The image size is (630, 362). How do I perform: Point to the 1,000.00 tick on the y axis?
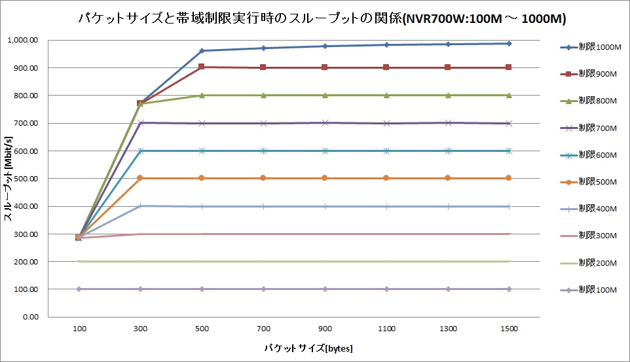(23, 41)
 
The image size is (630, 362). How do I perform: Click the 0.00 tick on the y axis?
(31, 317)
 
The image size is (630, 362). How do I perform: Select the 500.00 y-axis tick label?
(27, 179)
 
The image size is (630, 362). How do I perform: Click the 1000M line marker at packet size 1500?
(510, 44)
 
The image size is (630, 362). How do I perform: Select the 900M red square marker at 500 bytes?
(202, 67)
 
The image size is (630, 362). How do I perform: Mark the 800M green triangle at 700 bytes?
(263, 96)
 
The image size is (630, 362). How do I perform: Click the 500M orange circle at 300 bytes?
(140, 178)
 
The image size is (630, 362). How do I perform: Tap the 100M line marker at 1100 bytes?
(386, 289)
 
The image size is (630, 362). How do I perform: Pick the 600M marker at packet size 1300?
(448, 151)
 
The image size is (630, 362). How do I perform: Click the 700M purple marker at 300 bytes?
(140, 123)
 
